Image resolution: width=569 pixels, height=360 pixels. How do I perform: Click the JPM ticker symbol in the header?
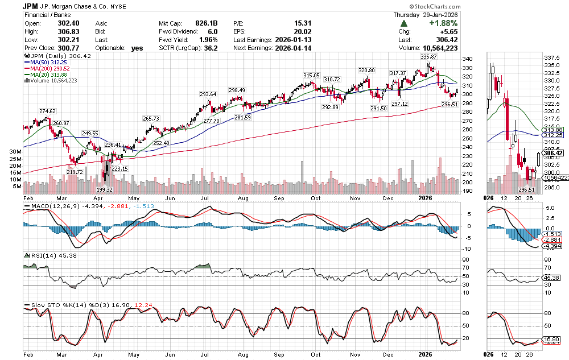(31, 5)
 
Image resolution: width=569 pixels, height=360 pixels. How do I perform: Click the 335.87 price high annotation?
(428, 57)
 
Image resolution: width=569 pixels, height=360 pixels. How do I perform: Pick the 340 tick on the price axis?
(467, 59)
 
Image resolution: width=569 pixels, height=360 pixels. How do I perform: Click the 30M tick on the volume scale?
(15, 152)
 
